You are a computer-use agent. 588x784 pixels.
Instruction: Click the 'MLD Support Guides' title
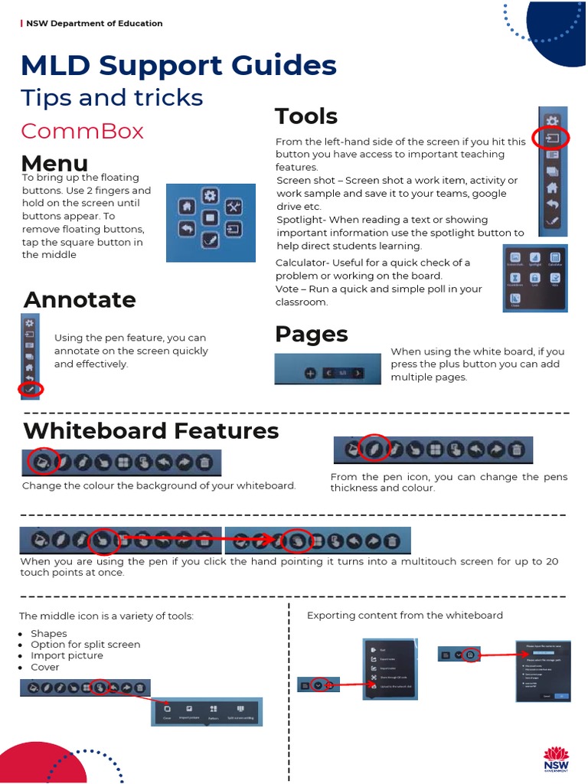click(x=179, y=65)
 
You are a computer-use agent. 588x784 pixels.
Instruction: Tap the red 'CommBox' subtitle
click(x=82, y=131)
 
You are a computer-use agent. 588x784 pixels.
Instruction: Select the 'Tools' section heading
click(x=306, y=116)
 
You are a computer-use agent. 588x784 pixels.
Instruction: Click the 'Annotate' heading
click(x=80, y=299)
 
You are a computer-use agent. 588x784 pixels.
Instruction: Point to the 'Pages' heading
click(x=311, y=334)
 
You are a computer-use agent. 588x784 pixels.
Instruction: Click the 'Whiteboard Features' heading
click(x=151, y=430)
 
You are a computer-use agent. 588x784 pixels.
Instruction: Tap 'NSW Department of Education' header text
click(x=94, y=24)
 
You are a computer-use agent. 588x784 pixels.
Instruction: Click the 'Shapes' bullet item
click(x=49, y=633)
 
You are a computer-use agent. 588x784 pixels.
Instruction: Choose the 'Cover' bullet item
click(x=45, y=667)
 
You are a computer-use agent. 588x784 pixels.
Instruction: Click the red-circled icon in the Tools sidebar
click(x=551, y=139)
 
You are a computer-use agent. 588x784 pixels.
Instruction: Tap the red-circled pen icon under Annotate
click(x=30, y=390)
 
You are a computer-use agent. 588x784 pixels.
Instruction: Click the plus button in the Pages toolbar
click(x=310, y=373)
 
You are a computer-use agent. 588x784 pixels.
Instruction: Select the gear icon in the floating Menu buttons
click(x=210, y=196)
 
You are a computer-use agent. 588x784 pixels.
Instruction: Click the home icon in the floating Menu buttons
click(x=185, y=207)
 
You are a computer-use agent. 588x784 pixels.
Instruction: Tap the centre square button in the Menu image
click(x=210, y=218)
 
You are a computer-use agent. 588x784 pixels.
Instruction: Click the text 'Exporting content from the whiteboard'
click(x=405, y=615)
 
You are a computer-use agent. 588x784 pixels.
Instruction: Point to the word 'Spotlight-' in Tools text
click(x=302, y=220)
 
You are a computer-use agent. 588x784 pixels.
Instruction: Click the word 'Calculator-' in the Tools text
click(x=305, y=263)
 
